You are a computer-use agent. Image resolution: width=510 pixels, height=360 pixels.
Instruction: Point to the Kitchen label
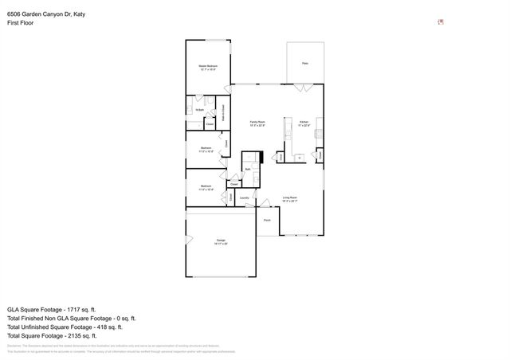coord(303,123)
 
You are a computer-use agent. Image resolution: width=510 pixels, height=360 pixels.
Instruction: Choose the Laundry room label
coord(245,198)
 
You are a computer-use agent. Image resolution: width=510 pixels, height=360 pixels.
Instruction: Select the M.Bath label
coord(190,109)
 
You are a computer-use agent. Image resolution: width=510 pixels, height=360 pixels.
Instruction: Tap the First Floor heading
coord(22,23)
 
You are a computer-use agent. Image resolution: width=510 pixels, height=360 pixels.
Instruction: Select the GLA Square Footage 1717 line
coord(51,308)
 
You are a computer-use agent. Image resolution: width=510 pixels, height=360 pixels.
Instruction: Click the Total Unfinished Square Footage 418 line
coord(64,327)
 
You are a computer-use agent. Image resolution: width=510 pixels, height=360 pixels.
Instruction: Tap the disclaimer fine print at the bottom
coord(120,348)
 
